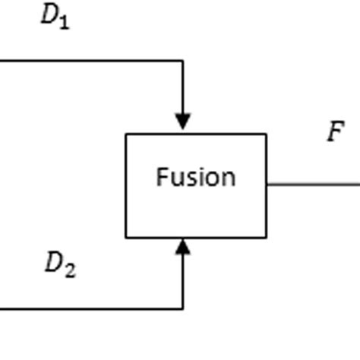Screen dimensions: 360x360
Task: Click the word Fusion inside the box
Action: (x=196, y=177)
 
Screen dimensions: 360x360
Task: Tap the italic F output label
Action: (x=335, y=132)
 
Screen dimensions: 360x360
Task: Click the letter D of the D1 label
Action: (x=49, y=16)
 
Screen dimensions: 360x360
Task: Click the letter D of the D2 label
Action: (x=54, y=263)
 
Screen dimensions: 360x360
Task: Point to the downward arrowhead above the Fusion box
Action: (x=182, y=122)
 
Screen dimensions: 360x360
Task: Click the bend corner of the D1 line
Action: (x=182, y=60)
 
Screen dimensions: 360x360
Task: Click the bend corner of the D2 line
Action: (x=182, y=308)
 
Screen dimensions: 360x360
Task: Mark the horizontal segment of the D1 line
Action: (x=91, y=60)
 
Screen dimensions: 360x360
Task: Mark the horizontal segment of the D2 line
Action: (x=91, y=308)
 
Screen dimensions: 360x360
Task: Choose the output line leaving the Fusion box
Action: (x=313, y=184)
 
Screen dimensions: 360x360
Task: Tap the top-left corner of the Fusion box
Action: (x=126, y=134)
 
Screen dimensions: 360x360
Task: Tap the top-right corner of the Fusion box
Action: (x=267, y=134)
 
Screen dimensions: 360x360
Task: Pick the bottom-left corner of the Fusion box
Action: (x=126, y=238)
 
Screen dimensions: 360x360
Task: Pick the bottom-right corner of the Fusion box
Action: (x=267, y=238)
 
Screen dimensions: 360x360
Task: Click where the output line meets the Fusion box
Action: (x=267, y=184)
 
